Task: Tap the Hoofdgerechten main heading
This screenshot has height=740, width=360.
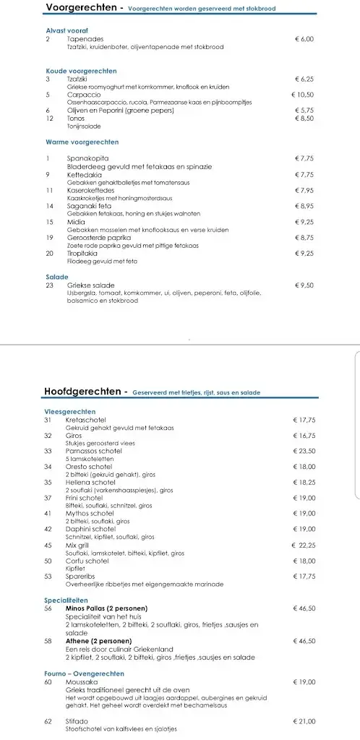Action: [85, 392]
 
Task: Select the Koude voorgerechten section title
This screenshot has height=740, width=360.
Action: [81, 72]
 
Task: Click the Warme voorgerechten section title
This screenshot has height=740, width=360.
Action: [82, 142]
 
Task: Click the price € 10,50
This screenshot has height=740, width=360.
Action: [302, 95]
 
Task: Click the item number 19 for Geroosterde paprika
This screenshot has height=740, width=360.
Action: [49, 237]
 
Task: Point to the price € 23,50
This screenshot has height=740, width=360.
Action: [304, 451]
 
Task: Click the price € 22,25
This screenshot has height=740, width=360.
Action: [304, 545]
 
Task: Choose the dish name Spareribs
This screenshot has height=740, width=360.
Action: [81, 576]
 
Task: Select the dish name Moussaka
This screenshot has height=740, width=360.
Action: [80, 681]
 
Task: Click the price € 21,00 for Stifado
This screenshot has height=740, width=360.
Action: [304, 721]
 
